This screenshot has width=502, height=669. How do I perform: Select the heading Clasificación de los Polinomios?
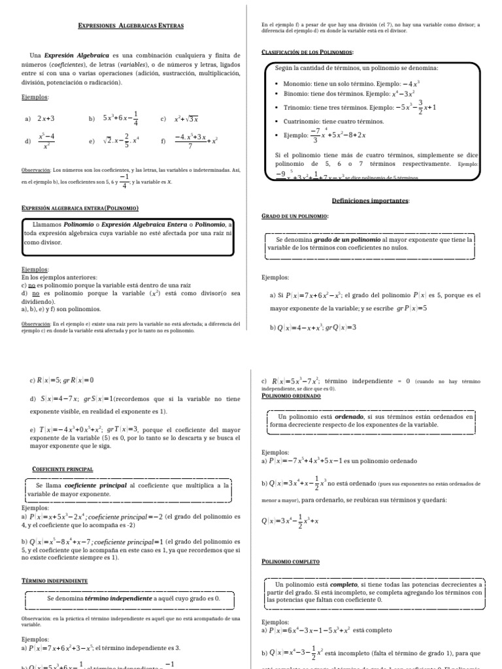point(307,52)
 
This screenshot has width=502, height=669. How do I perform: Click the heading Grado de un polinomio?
point(295,215)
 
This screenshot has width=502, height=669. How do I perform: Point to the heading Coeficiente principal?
point(63,468)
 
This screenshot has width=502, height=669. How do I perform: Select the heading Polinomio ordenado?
point(291,395)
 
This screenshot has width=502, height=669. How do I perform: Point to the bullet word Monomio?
point(299,84)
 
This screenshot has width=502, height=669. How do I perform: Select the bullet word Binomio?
point(298,94)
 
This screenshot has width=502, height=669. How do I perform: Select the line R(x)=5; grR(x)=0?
point(62,380)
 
